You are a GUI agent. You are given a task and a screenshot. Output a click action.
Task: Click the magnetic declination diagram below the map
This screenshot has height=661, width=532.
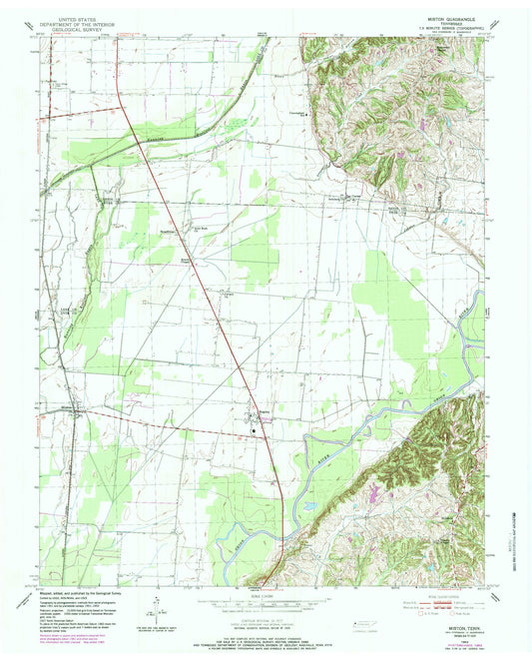tap(160, 605)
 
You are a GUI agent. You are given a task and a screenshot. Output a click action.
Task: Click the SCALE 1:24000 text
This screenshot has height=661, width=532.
tap(265, 591)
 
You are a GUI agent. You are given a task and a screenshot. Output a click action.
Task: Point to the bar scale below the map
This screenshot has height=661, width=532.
tap(265, 602)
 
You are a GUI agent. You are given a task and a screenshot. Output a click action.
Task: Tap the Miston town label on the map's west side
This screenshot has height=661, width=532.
tap(65, 406)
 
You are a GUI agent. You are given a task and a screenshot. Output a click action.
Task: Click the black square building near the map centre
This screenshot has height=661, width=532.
tap(254, 430)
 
